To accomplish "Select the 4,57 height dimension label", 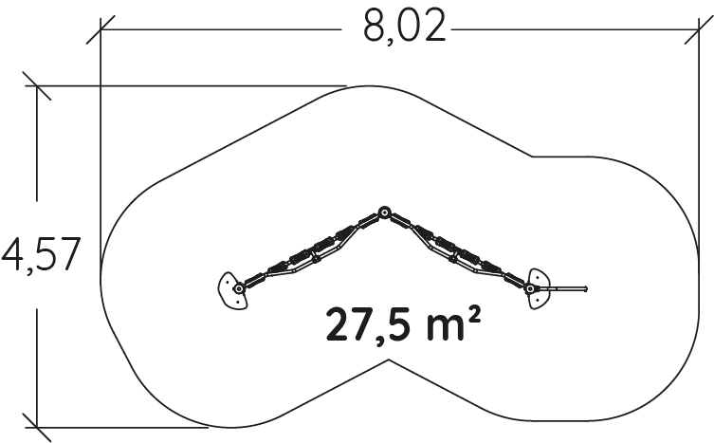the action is point(42,255).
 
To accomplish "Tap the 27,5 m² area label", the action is point(403,324).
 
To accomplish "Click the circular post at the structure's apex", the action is point(384,212).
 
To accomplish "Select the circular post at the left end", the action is point(239,288).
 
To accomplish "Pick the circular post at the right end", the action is point(529,288).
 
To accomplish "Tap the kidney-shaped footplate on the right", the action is point(540,288).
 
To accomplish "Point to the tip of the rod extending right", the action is point(587,288).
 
